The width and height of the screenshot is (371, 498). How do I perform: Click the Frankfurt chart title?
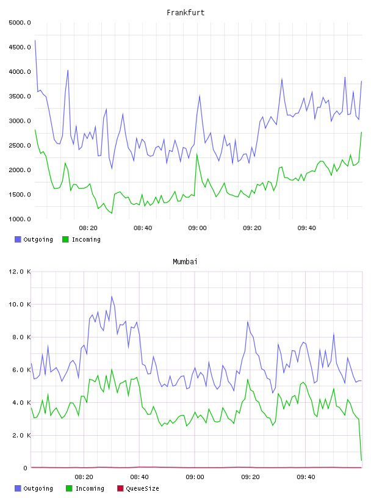coord(185,13)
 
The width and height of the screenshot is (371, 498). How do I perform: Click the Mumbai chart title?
coord(185,262)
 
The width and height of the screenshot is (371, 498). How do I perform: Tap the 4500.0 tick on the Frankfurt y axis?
coord(20,47)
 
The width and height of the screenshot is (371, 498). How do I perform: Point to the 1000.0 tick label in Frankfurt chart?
coord(20,219)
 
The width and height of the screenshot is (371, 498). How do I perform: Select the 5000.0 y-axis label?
coord(20,23)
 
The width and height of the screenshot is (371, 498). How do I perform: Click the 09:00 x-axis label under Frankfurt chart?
coord(197,228)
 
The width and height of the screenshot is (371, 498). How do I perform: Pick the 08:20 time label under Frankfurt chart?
coord(88,228)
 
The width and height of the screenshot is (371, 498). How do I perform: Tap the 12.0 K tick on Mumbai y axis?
coord(20,272)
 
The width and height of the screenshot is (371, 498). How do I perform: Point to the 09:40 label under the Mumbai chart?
coord(306,477)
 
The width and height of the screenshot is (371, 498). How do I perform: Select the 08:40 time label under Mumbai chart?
coord(139,477)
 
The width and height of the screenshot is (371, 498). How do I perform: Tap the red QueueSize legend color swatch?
coord(120,488)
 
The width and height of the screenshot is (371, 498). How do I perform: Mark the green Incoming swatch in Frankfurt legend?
coord(65,239)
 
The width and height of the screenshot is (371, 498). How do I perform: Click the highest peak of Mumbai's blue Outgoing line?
coord(112,297)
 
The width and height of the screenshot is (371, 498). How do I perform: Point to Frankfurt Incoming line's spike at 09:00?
coord(197,154)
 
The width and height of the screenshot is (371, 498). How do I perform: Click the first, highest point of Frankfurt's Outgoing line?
coord(35,40)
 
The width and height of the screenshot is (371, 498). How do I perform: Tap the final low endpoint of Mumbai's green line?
coord(361,460)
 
